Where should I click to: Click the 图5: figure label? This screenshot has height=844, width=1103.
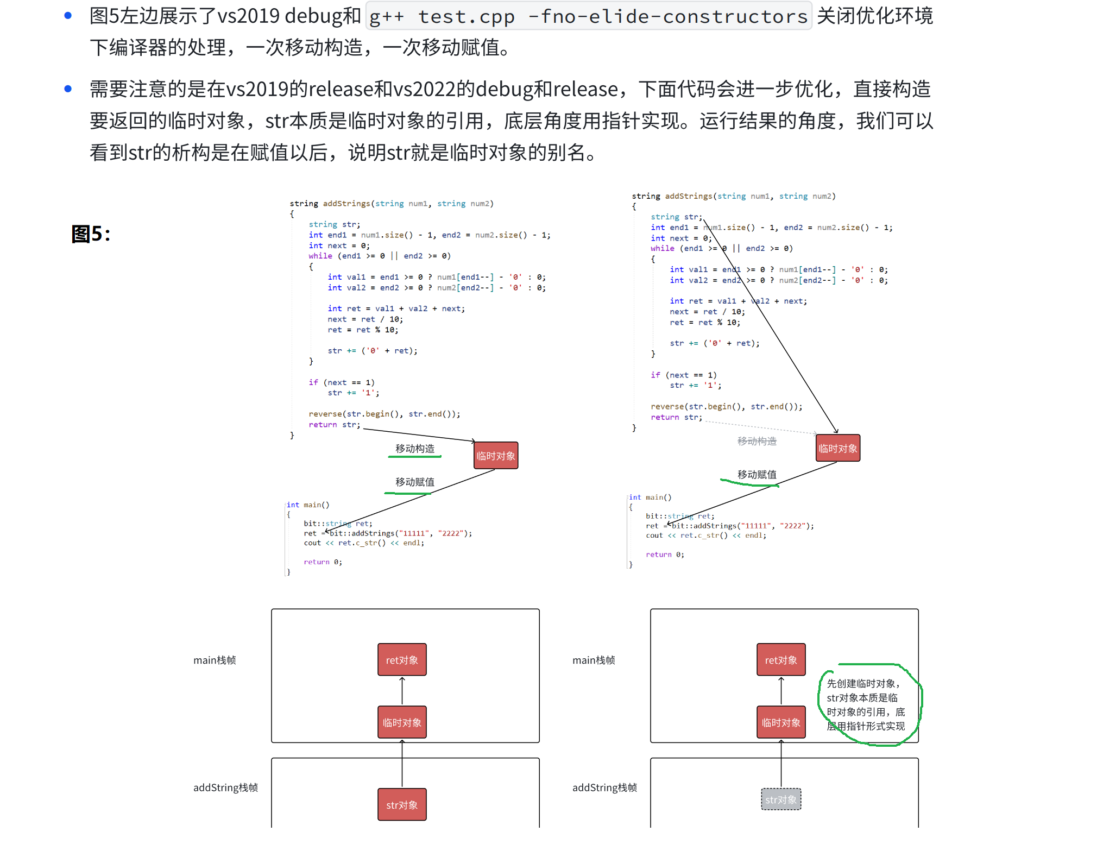[91, 234]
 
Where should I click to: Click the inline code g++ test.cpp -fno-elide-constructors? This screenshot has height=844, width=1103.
[588, 16]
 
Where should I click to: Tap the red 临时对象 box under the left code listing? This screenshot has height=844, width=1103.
[495, 456]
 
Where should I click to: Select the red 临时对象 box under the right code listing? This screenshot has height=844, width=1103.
[837, 448]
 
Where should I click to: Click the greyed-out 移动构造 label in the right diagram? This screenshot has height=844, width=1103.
[757, 441]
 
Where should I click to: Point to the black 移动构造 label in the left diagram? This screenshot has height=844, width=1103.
[415, 449]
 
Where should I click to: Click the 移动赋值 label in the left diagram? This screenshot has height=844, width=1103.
[415, 482]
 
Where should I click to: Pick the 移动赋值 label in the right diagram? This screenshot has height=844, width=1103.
[757, 474]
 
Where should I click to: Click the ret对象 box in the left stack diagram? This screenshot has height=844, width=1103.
[402, 660]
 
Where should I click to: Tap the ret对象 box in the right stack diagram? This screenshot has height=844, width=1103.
[781, 660]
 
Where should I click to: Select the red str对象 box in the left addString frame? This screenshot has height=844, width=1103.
[402, 804]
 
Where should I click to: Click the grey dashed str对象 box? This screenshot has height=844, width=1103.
[781, 799]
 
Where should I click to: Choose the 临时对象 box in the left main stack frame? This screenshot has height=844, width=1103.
[402, 722]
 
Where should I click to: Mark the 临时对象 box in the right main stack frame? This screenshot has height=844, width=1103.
[781, 722]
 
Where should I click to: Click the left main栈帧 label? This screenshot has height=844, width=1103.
[215, 660]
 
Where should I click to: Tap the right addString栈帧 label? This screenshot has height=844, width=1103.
[604, 788]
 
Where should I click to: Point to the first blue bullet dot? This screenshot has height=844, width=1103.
[68, 16]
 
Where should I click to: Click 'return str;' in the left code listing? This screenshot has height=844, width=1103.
[334, 425]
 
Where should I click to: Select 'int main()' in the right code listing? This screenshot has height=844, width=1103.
[650, 497]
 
